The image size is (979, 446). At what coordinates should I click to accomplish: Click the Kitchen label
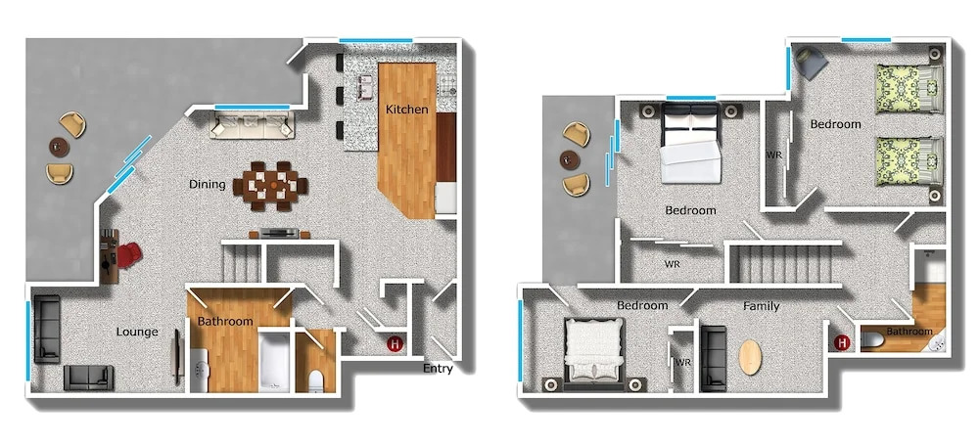pos(406,110)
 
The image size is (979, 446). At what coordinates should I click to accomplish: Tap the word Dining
pos(208,184)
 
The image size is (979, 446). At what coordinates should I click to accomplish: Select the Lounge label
pos(137,332)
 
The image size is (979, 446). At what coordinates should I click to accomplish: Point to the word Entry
pos(438,369)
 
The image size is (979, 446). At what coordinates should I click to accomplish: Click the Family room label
pos(761,306)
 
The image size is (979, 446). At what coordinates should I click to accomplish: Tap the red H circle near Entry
pos(395,343)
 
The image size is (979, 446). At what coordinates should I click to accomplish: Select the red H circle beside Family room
pos(842,341)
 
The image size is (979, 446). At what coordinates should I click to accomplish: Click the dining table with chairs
pos(270,186)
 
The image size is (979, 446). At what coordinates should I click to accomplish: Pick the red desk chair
pos(128,255)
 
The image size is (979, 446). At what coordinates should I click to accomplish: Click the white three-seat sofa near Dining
pos(253,125)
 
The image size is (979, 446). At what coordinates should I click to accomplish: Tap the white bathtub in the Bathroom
pos(274,363)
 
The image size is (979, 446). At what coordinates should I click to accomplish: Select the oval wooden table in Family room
pos(750,357)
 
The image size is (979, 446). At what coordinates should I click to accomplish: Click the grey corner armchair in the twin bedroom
pos(811,63)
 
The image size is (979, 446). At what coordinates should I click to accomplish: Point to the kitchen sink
pos(365,87)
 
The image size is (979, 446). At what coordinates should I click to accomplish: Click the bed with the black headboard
pos(690,143)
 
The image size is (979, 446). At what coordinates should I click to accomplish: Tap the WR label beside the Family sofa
pos(682,362)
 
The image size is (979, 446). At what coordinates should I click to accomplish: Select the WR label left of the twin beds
pos(774,156)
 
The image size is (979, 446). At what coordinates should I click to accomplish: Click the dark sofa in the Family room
pos(714,358)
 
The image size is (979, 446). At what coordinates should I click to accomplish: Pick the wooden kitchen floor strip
pos(407,140)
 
